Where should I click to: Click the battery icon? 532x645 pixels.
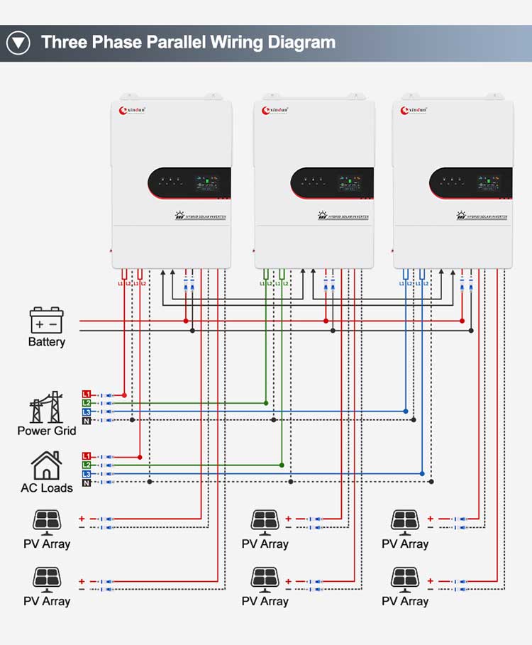click(47, 321)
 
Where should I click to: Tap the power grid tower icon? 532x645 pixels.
click(46, 407)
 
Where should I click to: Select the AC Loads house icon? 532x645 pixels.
click(46, 465)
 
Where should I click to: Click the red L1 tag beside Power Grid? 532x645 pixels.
click(87, 394)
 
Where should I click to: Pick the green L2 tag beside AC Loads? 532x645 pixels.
click(87, 465)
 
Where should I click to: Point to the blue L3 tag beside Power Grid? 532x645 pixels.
click(87, 412)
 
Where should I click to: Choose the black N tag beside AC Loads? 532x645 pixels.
click(87, 483)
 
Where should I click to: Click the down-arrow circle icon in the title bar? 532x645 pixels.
click(18, 43)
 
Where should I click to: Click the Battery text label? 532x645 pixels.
click(47, 342)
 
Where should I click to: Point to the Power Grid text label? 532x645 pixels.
click(47, 431)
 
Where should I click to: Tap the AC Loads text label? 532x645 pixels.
click(47, 488)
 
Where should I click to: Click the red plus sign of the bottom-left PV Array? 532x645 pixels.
click(82, 581)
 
